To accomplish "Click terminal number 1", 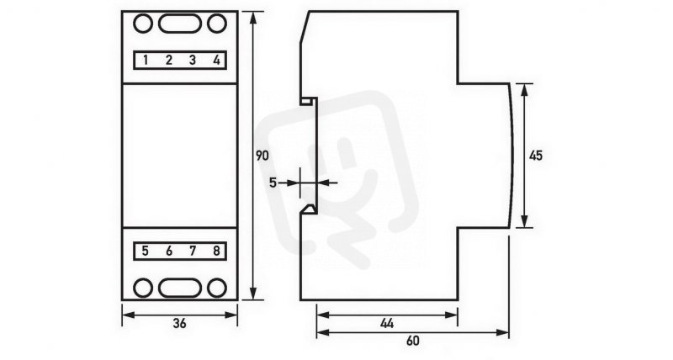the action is pos(146,60).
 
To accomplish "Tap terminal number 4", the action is pos(216,60).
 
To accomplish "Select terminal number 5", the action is pos(146,251).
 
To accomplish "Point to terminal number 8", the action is pos(216,251).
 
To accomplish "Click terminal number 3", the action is pos(193,60).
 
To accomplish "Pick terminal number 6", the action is pos(169,251).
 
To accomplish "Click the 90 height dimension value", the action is pos(262,156).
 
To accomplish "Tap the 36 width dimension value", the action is pos(180,324).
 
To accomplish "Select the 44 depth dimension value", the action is pos(387,324).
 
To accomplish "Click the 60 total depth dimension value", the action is pos(412,341).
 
